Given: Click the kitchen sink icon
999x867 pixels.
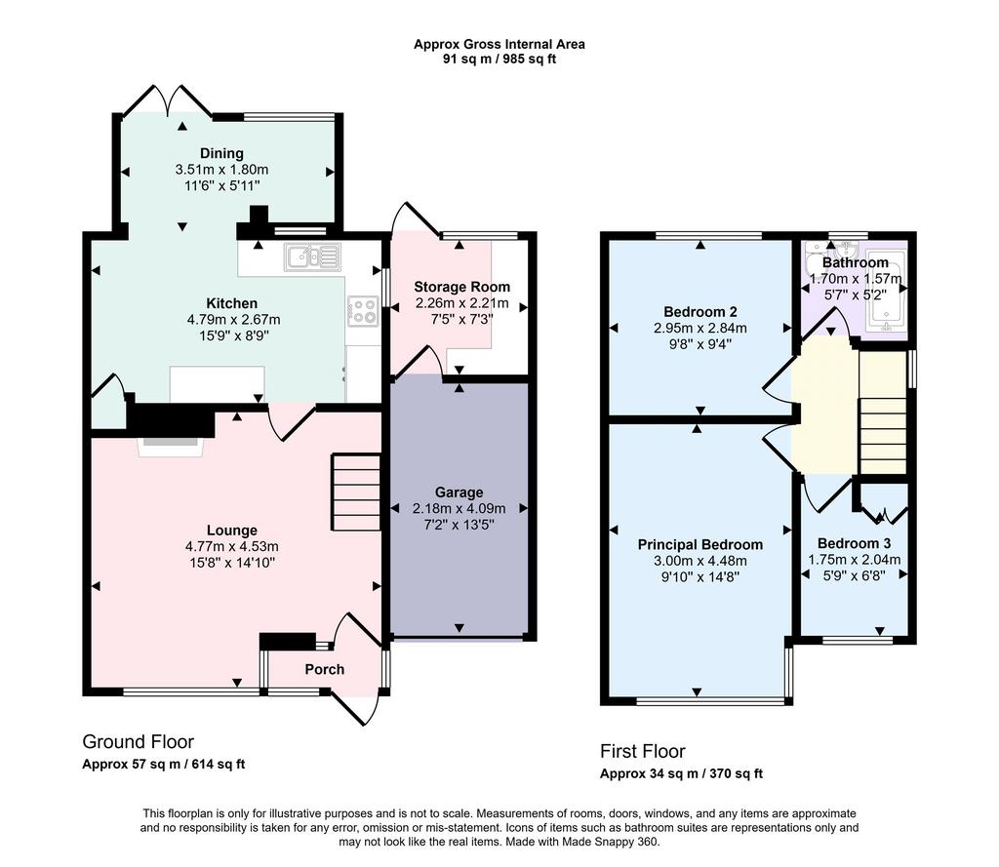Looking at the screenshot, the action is (313, 257).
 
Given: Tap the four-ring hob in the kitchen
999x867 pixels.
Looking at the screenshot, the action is (363, 311).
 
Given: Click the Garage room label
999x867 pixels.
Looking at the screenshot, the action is (459, 493).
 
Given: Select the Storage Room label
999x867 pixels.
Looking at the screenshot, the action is (461, 287).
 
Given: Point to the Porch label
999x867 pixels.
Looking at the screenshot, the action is (324, 670).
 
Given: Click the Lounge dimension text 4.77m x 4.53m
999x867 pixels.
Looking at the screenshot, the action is (232, 546).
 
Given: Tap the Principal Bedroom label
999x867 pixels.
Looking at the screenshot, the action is (700, 544).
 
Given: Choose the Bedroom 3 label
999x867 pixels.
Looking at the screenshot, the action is (854, 543).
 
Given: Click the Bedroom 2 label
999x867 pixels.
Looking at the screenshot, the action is (700, 311).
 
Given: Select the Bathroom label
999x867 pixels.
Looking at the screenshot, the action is (855, 262).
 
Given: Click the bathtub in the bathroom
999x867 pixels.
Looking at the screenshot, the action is (886, 292).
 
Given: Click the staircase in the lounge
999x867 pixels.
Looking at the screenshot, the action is (355, 492).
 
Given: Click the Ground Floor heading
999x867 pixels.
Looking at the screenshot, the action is (139, 741).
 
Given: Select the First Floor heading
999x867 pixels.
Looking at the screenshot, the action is (642, 751).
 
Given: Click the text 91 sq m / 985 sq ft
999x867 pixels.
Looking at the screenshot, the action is (499, 59).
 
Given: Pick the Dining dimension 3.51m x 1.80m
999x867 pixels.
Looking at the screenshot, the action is (221, 170).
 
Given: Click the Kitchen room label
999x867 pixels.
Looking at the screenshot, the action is (232, 303).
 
